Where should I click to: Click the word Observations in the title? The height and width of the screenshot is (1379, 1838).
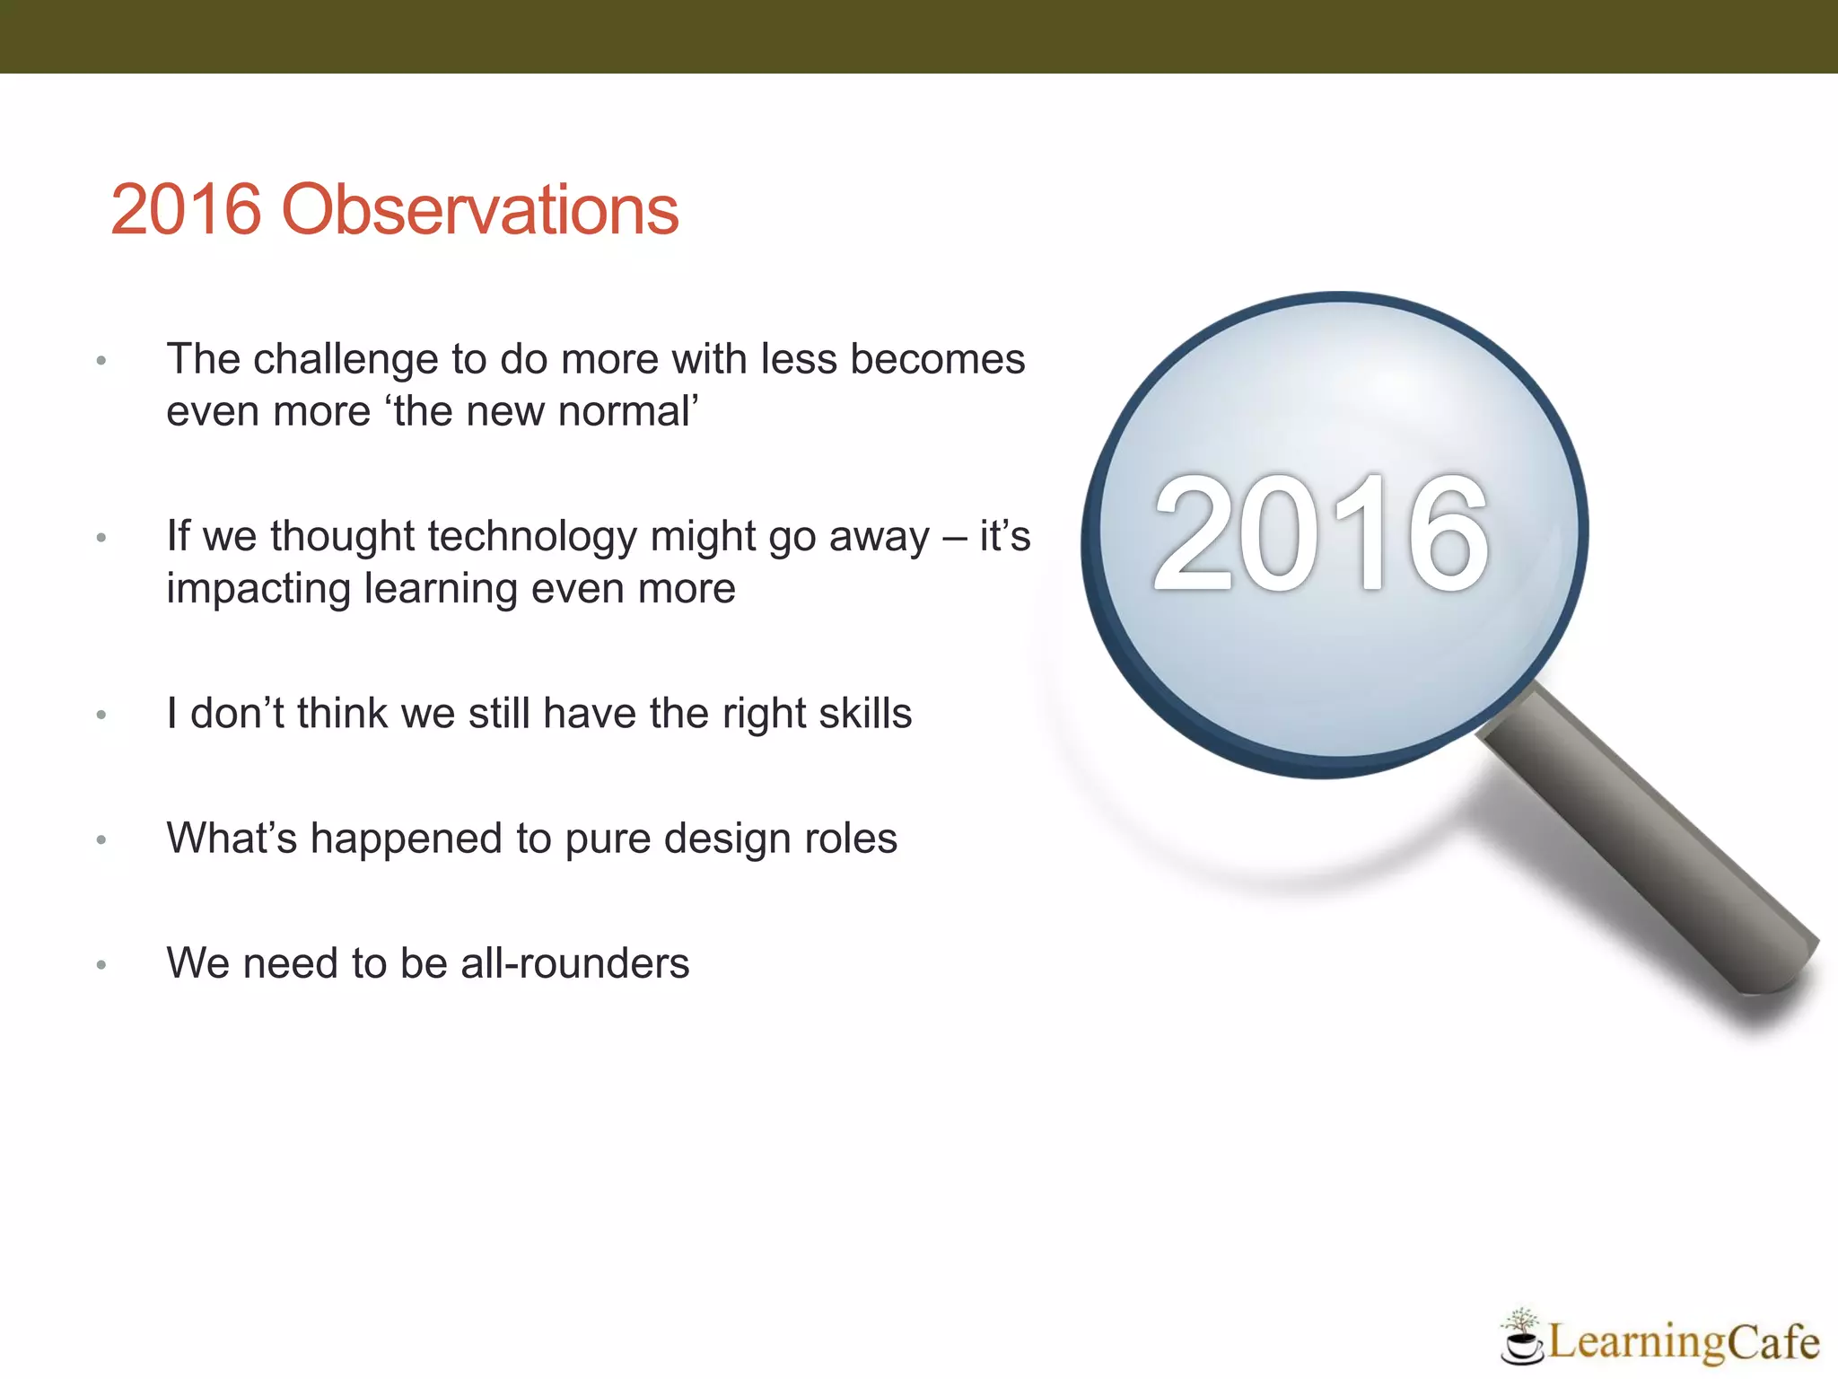pos(480,210)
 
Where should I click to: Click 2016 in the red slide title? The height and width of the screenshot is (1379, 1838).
pos(186,210)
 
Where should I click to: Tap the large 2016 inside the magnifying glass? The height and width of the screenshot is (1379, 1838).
pos(1321,534)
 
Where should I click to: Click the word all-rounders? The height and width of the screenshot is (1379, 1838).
pos(574,963)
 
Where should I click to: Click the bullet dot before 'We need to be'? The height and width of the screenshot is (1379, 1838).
pos(101,965)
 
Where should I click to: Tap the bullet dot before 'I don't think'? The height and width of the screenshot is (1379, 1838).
pos(101,716)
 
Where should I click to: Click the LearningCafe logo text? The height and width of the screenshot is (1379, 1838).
pos(1683,1342)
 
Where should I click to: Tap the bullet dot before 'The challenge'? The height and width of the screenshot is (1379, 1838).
pos(101,361)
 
